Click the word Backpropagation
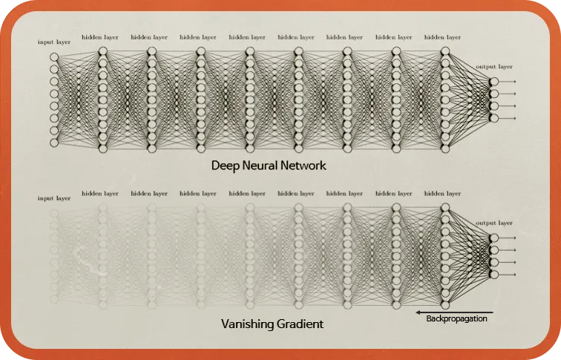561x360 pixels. (456, 320)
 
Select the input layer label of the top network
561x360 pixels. (54, 42)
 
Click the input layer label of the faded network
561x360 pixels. (54, 198)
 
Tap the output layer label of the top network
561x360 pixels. (494, 67)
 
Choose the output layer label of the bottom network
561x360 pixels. (494, 223)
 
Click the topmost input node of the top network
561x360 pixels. (53, 57)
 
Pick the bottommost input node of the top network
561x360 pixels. (53, 142)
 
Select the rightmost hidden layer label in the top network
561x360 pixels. (442, 36)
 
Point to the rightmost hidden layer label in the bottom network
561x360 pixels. (442, 193)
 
